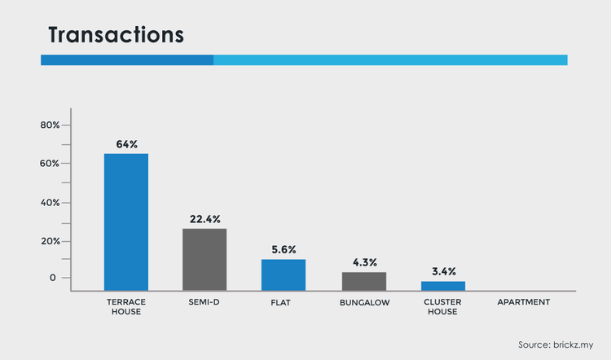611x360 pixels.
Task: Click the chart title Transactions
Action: point(116,35)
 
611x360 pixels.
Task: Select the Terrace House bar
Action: point(126,222)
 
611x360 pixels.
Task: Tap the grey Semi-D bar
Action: point(204,260)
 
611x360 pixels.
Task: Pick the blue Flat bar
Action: point(284,275)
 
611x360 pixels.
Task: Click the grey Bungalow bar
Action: point(364,281)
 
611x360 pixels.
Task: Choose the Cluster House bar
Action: point(443,286)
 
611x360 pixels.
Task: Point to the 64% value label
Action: point(127,144)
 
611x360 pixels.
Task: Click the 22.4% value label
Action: point(205,219)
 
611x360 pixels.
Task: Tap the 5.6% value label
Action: point(284,250)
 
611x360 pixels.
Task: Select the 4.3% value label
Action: point(365,262)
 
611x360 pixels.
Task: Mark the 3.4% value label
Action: point(444,271)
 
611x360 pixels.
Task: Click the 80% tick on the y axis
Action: point(51,125)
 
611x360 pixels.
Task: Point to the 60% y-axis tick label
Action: point(50,164)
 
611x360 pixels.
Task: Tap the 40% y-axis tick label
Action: point(51,203)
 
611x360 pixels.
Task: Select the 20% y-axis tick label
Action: point(51,241)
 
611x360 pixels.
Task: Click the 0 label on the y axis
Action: point(53,278)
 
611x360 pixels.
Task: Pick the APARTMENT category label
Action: point(524,302)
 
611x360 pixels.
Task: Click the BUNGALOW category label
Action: point(365,303)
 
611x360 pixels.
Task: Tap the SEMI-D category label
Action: point(204,302)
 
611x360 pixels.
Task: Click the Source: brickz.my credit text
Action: point(556,345)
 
